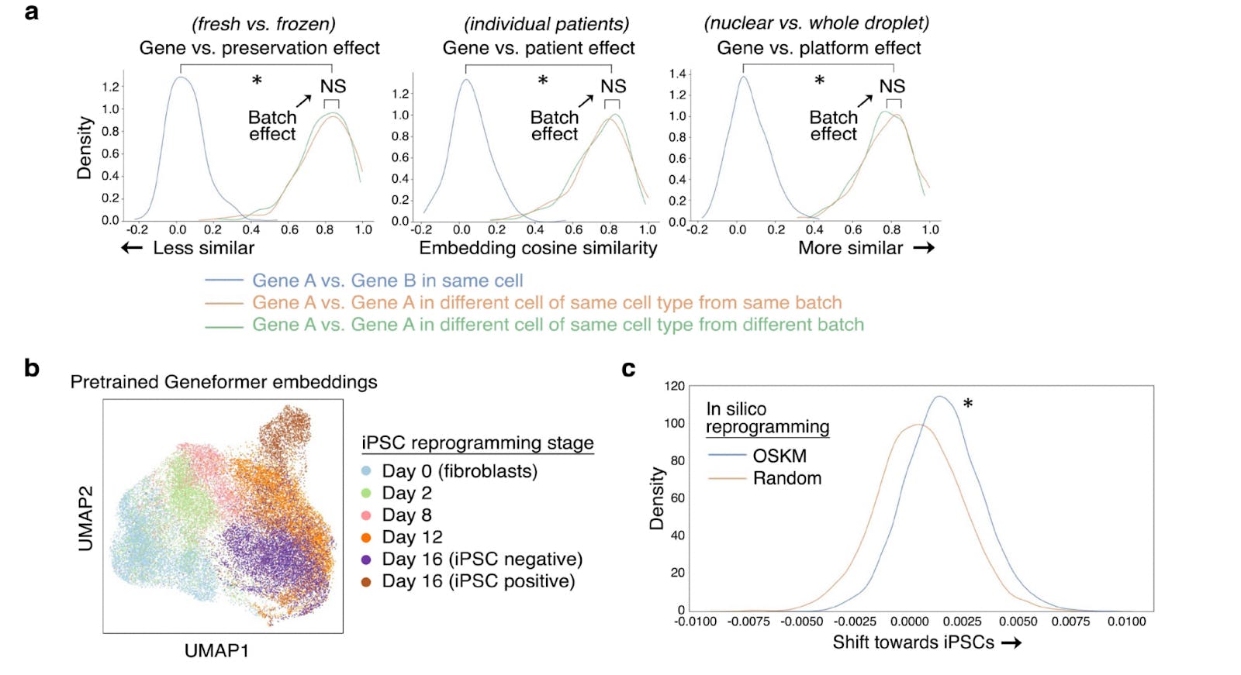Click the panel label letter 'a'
pos(32,12)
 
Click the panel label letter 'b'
pos(32,367)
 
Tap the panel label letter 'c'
pos(628,369)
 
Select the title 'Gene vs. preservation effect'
pos(259,48)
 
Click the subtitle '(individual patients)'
pos(546,24)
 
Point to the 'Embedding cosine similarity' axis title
pos(538,248)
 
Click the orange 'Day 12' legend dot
pos(366,537)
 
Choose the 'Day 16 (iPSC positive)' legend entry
pos(478,581)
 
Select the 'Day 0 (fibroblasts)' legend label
pos(459,471)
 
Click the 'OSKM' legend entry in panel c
pos(779,456)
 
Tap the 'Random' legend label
pos(786,478)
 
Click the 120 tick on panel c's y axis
pos(675,386)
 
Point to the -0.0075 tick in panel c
pos(748,622)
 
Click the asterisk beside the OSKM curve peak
pos(968,404)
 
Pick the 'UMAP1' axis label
pos(216,651)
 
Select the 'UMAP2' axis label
pos(85,518)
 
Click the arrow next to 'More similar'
pos(924,248)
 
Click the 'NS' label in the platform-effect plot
pos(891,86)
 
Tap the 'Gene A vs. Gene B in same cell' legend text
pos(387,281)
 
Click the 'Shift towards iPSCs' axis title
pos(913,642)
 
